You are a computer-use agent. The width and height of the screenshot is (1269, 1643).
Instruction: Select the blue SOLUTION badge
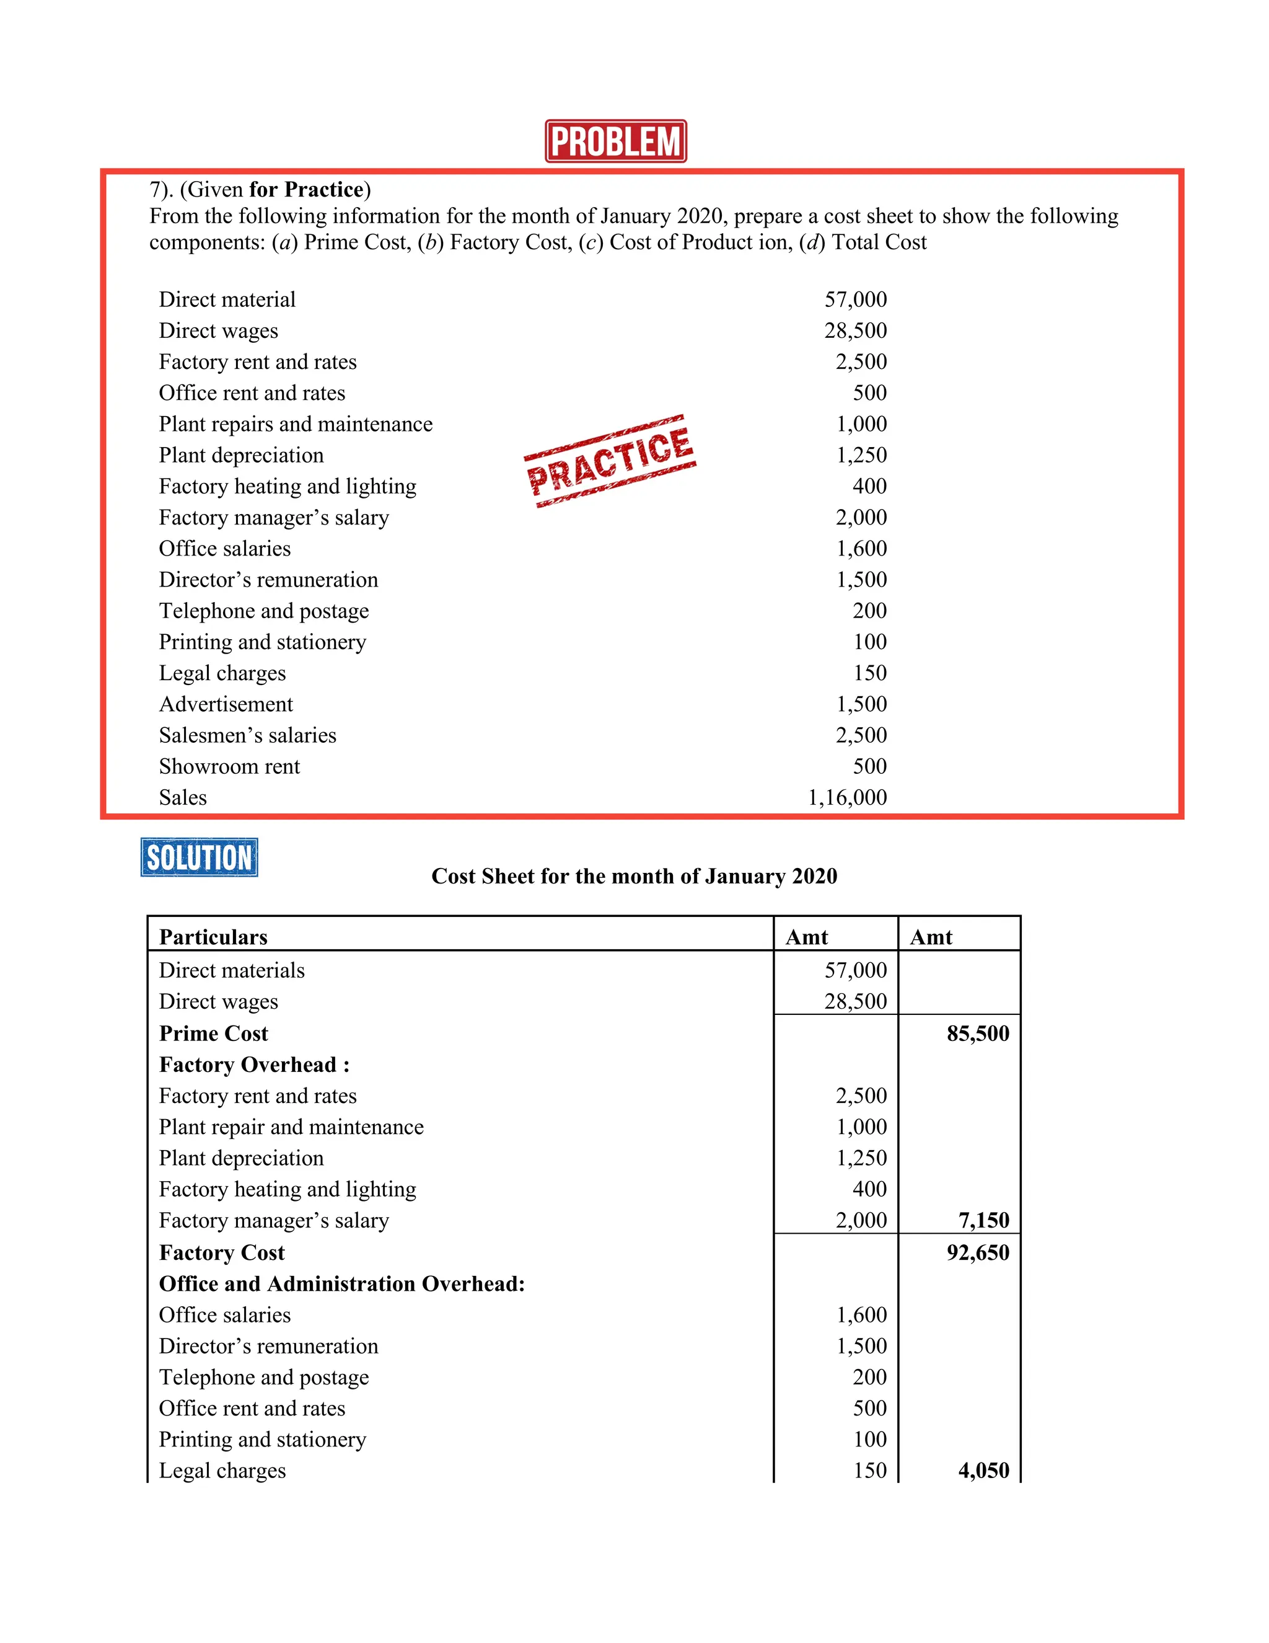200,857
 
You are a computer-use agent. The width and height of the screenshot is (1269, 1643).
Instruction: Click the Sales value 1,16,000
846,797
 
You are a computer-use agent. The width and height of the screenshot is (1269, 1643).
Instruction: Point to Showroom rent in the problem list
229,766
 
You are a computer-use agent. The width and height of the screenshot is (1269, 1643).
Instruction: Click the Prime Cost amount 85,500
977,1034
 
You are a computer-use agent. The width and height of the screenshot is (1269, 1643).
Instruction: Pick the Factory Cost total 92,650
977,1252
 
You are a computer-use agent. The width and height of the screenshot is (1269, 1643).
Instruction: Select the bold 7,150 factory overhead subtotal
983,1220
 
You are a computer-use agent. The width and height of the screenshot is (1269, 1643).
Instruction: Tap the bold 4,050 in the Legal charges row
983,1470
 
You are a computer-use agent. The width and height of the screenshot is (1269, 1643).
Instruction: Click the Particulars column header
214,937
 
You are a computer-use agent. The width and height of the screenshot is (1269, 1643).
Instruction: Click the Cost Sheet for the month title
634,877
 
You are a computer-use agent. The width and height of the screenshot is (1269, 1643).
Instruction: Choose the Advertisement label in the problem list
226,704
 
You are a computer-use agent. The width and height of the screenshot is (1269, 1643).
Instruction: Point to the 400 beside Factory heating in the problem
869,486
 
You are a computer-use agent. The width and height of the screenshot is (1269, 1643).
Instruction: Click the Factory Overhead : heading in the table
254,1065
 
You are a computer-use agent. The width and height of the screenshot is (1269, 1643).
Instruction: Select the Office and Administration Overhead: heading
342,1283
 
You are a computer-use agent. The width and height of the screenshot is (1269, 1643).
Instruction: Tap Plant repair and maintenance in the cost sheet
291,1127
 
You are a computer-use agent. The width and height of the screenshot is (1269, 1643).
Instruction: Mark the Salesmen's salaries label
247,735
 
